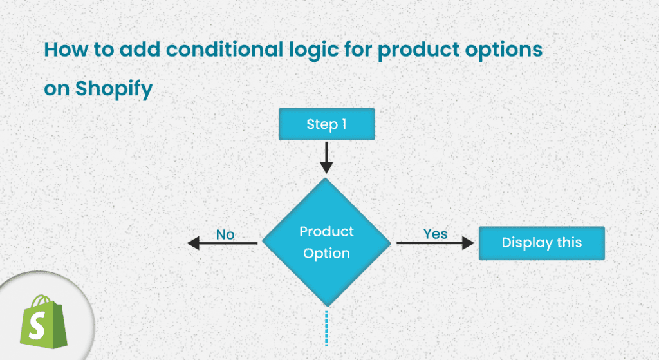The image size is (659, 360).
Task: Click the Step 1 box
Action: point(326,124)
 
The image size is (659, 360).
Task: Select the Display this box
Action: point(541,243)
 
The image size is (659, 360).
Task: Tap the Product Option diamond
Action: point(327,242)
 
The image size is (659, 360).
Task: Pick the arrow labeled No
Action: point(223,243)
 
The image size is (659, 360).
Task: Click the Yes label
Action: point(436,233)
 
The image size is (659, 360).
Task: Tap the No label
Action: point(225,234)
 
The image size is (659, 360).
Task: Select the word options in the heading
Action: point(506,50)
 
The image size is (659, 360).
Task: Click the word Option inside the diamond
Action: point(326,253)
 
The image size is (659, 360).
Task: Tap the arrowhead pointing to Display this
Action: point(468,243)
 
